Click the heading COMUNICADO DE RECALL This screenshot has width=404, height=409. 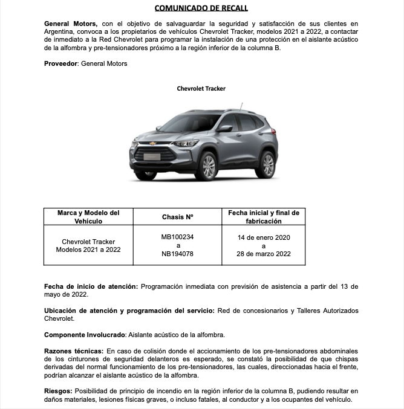[x=201, y=8]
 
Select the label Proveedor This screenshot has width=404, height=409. [x=61, y=63]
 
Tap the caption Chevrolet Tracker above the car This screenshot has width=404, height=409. [x=201, y=89]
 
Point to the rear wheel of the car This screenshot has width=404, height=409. [x=267, y=164]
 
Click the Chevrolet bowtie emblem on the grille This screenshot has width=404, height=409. [x=153, y=144]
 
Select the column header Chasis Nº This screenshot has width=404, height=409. [x=177, y=217]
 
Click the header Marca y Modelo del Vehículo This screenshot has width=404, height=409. [x=88, y=217]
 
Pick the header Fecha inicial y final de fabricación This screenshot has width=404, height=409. [x=264, y=217]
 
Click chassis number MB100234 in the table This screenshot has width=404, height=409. [x=177, y=237]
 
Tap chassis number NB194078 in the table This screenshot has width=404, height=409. [x=177, y=254]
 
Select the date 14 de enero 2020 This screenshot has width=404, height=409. [x=264, y=237]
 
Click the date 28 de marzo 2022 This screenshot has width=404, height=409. [x=264, y=254]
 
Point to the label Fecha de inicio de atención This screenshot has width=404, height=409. [x=91, y=286]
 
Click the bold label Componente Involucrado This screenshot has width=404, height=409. [x=85, y=334]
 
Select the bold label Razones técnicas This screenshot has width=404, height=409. [x=74, y=350]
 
